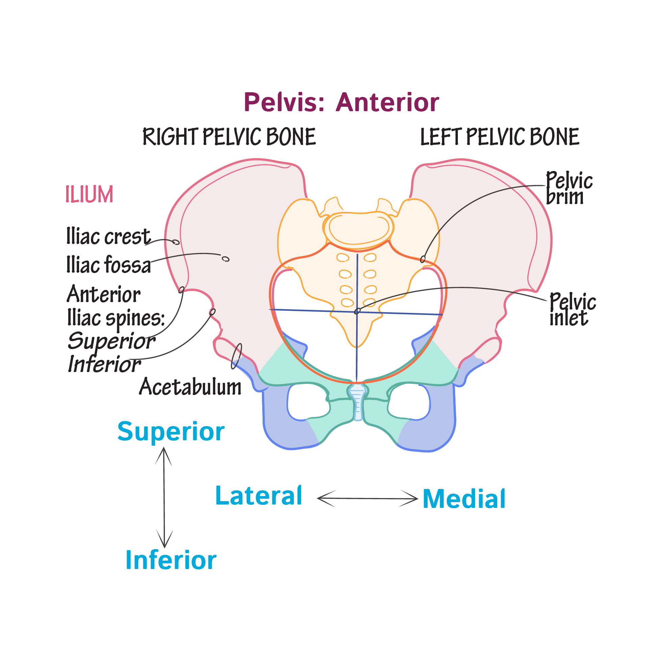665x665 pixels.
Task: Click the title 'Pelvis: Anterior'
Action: [341, 103]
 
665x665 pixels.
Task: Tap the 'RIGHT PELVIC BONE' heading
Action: [229, 137]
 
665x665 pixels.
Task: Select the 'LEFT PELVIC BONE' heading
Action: [499, 137]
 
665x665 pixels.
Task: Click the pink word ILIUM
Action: [89, 194]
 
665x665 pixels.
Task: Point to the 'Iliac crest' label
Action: [108, 237]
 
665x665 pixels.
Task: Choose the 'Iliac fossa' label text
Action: [108, 265]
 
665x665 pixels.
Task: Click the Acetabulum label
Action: [190, 387]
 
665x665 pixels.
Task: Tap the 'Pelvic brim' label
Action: [569, 188]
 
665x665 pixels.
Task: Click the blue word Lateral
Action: [258, 496]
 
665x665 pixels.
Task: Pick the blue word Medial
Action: [464, 499]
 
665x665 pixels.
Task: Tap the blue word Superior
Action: [171, 431]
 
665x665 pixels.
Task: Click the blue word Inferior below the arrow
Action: [171, 560]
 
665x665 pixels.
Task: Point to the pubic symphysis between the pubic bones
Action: [358, 403]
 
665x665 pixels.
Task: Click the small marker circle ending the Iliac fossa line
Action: [225, 259]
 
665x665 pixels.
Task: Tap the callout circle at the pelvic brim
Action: [423, 259]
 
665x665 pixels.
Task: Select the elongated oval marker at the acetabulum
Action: [237, 356]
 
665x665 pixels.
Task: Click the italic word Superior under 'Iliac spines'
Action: [111, 341]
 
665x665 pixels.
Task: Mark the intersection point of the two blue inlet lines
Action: [357, 312]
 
